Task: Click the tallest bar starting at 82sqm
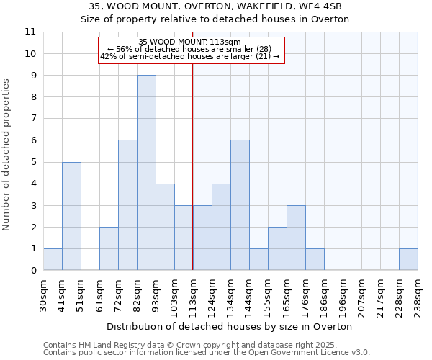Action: [x=146, y=173]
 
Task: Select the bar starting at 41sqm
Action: [x=71, y=216]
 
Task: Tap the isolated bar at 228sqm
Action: [x=408, y=259]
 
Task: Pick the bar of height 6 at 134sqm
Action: [x=240, y=205]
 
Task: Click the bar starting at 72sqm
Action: [x=127, y=205]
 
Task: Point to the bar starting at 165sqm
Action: [x=296, y=238]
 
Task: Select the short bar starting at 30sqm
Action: [x=53, y=259]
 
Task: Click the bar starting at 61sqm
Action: [x=109, y=248]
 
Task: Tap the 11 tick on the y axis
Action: [x=30, y=32]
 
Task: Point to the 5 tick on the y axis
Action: [x=33, y=162]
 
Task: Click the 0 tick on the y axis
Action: [x=33, y=271]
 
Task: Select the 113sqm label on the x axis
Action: [x=193, y=294]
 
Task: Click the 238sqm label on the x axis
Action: [x=418, y=294]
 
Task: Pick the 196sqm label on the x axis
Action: [x=343, y=294]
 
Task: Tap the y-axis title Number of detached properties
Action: [x=6, y=156]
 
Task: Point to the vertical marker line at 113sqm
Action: [x=193, y=180]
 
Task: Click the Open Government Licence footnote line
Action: [x=207, y=353]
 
